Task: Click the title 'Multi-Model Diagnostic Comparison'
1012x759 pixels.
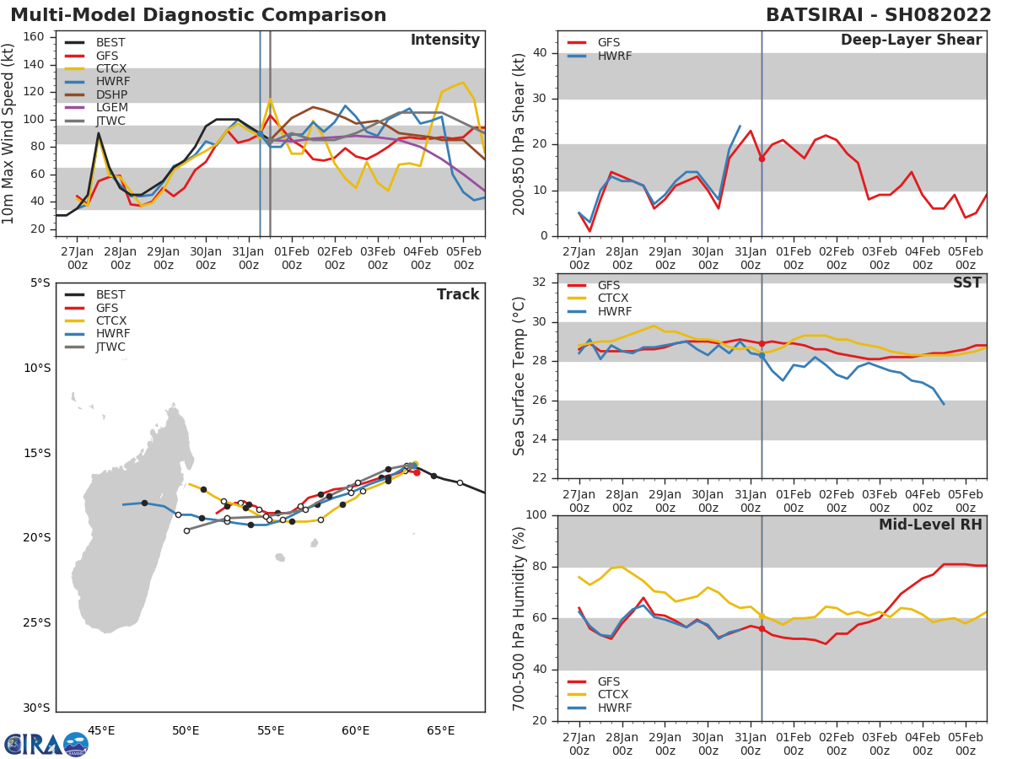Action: click(198, 15)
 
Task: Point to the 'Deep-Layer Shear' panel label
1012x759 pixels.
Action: click(911, 40)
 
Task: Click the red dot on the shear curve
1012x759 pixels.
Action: click(762, 159)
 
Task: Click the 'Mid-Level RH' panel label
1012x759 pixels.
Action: click(930, 525)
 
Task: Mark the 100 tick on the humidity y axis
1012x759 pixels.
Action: click(540, 514)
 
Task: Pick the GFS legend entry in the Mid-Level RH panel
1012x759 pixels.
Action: click(600, 681)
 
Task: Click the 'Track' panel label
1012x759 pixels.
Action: click(457, 294)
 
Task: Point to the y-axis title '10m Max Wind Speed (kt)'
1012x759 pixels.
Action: click(9, 135)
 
